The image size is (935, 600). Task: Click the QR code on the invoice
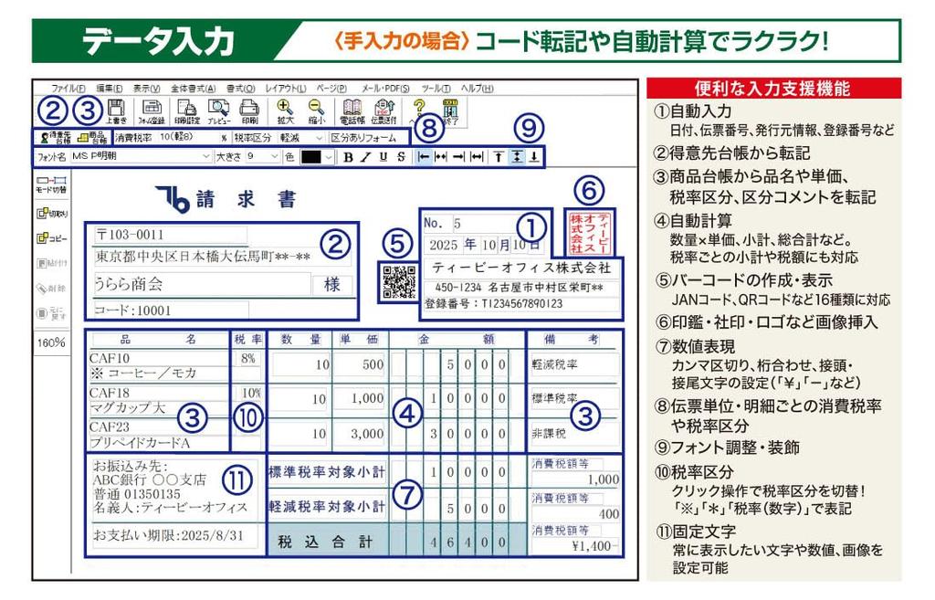398,281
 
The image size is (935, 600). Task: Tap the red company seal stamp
589,233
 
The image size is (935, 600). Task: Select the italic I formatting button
366,157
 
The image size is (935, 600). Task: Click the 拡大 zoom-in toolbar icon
285,111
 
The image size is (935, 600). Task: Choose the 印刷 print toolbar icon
249,111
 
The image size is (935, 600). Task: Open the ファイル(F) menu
68,89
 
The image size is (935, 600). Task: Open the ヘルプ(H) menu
477,89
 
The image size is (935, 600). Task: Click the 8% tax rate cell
247,359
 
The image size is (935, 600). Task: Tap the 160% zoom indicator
51,342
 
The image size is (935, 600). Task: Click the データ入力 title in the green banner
161,41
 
